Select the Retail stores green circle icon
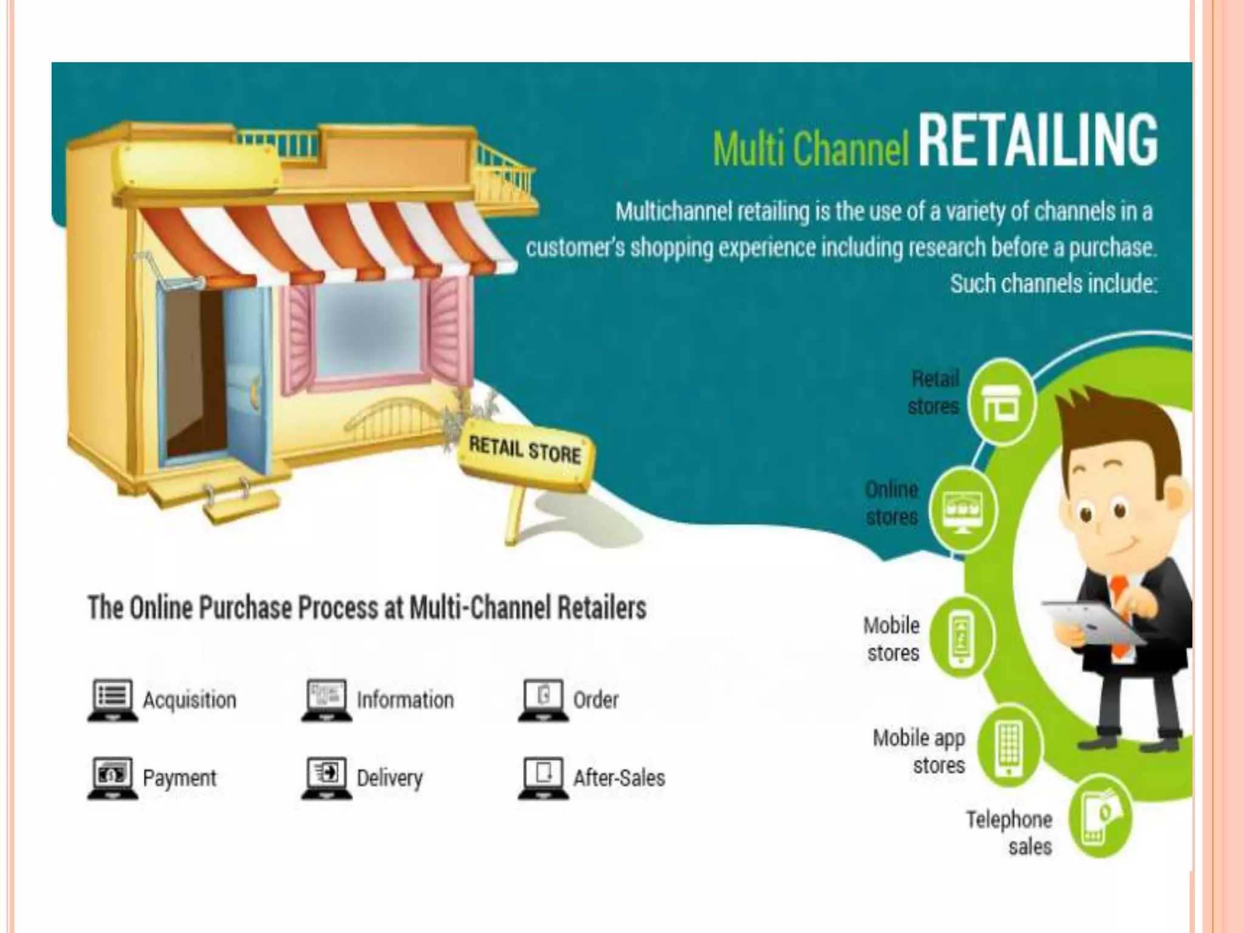1000,403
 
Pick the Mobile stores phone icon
962,638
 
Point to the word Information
405,700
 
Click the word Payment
179,777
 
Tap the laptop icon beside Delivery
327,777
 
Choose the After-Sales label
619,777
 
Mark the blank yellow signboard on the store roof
198,163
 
